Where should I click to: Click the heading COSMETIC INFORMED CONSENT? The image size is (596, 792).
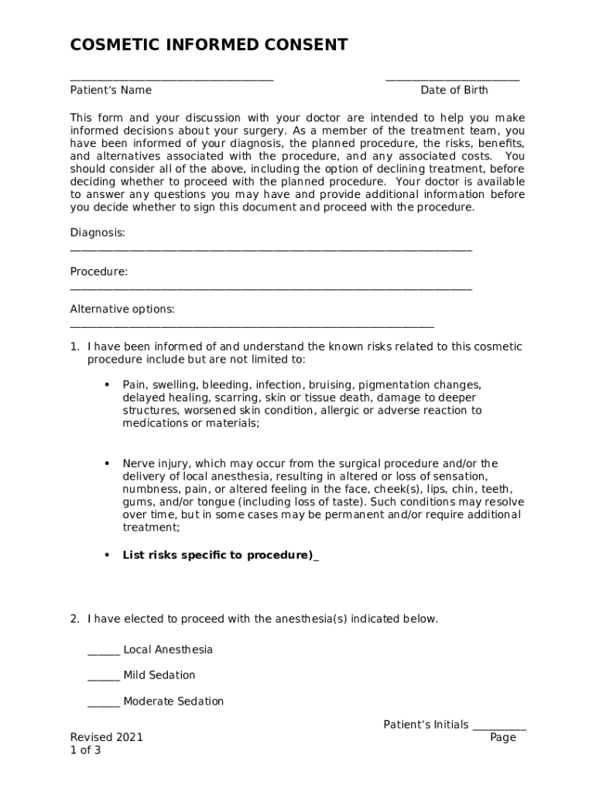209,45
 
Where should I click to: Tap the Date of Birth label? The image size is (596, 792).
454,90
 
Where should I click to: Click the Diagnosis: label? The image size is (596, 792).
98,233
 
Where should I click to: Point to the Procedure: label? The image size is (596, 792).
99,271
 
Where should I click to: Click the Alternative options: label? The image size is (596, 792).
122,309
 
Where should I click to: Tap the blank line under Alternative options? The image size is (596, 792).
252,327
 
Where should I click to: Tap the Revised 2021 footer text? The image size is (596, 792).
107,738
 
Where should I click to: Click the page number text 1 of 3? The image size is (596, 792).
85,750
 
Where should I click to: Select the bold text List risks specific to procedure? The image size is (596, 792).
218,555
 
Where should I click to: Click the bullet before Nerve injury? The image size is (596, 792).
106,463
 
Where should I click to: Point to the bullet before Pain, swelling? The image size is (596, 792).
106,384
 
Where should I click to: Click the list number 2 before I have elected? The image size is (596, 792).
74,619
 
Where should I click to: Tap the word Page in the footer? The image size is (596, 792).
503,738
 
